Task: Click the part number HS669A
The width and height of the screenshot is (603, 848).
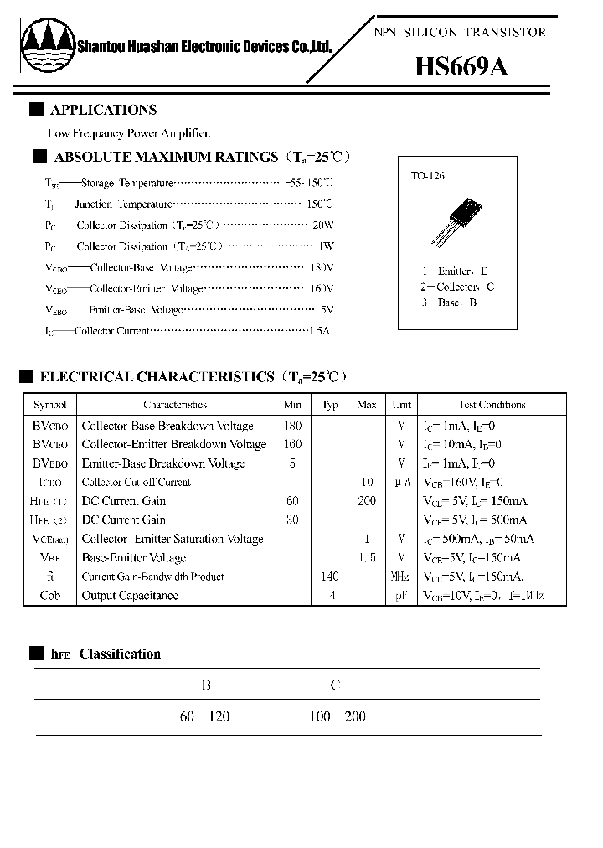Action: click(461, 67)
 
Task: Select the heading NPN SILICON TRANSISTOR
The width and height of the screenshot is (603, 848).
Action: click(459, 32)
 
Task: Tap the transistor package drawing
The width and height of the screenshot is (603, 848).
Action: click(457, 222)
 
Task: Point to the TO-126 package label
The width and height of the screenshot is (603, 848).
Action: click(427, 176)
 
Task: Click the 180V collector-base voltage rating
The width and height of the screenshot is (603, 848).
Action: click(322, 267)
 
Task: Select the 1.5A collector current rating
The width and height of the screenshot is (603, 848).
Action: click(319, 331)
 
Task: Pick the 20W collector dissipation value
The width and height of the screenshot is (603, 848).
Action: click(322, 225)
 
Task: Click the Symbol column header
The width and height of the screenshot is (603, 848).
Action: click(49, 404)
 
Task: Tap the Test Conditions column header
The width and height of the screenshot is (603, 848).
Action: click(492, 404)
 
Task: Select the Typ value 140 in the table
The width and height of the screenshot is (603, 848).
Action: click(329, 577)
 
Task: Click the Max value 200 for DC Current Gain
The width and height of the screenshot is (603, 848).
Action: click(367, 501)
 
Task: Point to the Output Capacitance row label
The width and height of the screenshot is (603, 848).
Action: click(130, 596)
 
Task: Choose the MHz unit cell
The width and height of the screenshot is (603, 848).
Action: click(401, 577)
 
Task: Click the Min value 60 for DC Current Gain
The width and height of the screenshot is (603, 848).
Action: click(292, 501)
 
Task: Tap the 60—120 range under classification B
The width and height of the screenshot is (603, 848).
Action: click(204, 716)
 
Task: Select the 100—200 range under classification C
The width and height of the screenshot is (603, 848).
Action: click(337, 716)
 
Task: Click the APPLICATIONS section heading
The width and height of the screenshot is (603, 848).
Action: click(103, 110)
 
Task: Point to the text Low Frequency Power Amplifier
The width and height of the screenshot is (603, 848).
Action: click(129, 133)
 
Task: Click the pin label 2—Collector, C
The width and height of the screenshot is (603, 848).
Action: click(457, 287)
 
